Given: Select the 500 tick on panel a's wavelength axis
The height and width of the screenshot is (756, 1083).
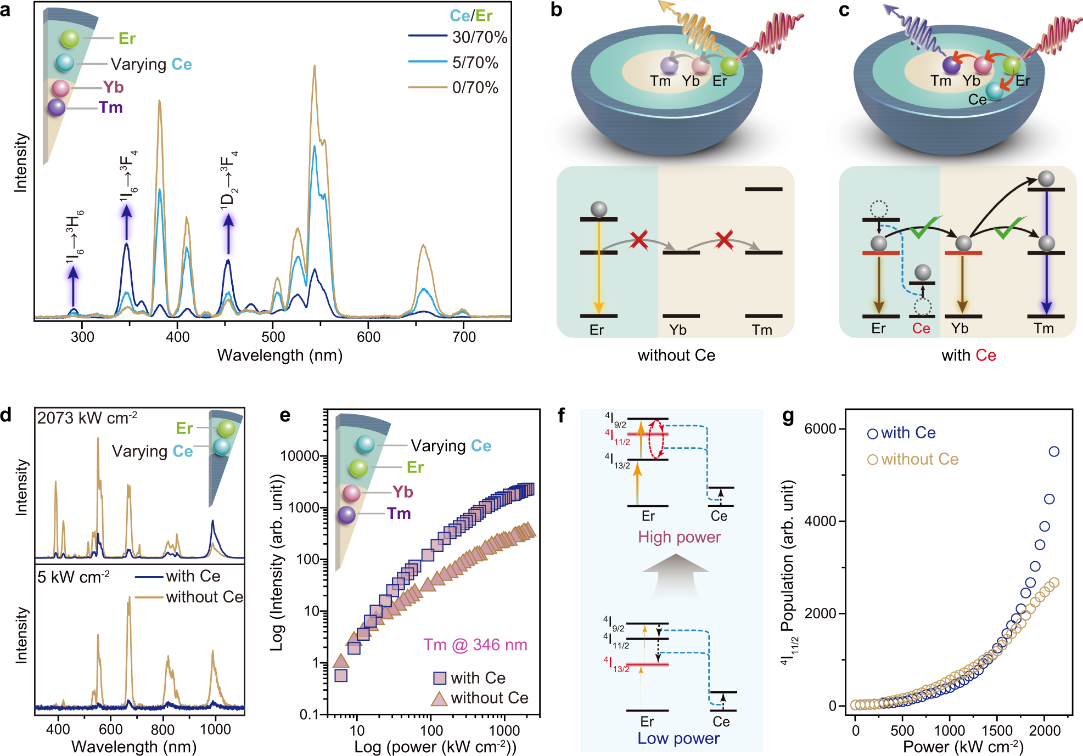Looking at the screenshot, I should click(x=273, y=336).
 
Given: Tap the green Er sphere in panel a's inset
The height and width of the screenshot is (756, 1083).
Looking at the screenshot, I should click(x=70, y=38).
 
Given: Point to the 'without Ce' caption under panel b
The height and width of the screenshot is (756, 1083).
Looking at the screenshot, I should click(x=676, y=356).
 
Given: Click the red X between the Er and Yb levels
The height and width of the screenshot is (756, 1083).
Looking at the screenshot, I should click(x=639, y=240).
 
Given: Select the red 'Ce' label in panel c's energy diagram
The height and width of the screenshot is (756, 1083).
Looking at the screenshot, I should click(x=921, y=329).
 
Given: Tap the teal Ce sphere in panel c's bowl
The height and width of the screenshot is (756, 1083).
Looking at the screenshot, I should click(x=994, y=91).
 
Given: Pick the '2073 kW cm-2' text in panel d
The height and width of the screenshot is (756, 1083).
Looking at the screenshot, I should click(x=87, y=418).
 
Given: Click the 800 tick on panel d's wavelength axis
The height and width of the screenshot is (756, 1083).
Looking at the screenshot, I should click(x=162, y=729).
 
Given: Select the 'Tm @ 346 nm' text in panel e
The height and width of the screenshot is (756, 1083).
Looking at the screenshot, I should click(x=475, y=645).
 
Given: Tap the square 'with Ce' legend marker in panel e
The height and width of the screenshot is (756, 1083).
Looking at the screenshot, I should click(x=440, y=678).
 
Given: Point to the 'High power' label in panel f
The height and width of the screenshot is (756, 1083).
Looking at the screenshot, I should click(x=679, y=537).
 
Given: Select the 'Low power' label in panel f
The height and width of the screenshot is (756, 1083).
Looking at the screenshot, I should click(x=678, y=738).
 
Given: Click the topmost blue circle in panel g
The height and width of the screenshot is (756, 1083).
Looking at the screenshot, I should click(x=1054, y=452).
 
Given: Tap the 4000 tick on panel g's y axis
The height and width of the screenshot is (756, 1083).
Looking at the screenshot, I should click(x=820, y=521).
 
